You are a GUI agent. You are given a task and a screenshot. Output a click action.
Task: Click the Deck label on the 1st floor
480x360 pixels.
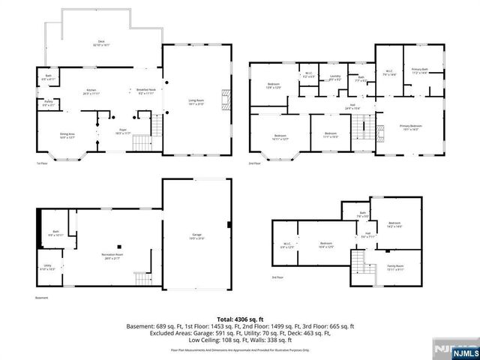[x=101, y=43]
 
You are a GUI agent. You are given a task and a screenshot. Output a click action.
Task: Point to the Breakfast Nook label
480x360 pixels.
[x=146, y=92]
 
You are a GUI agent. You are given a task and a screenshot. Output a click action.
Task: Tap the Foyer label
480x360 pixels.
[x=121, y=131]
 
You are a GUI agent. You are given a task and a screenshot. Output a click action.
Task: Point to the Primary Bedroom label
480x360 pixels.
[x=411, y=127]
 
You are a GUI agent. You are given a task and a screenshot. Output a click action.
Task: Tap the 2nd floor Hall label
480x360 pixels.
[x=352, y=106]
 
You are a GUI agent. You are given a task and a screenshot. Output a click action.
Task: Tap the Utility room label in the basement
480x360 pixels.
[x=47, y=266]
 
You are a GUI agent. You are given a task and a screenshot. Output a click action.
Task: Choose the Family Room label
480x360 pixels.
[x=395, y=266]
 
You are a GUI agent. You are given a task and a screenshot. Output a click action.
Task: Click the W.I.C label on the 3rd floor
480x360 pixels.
[x=287, y=244]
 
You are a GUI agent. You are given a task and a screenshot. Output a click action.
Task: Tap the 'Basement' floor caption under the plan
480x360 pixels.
[x=42, y=298]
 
